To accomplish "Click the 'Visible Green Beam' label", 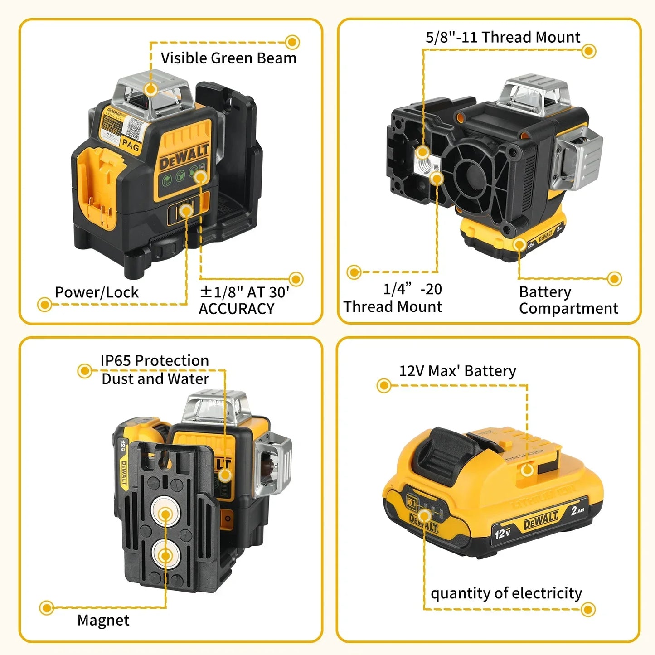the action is [228, 58].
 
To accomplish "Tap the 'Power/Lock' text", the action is [97, 292].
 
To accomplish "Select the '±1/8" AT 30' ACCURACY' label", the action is [244, 301].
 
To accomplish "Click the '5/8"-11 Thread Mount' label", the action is [503, 37].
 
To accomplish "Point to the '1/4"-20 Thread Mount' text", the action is [393, 298].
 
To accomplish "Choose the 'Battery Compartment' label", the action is [568, 300].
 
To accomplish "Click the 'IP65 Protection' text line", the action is [155, 361].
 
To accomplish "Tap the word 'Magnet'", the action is [103, 620].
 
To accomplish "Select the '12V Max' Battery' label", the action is [457, 371].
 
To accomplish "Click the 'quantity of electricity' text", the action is [506, 593].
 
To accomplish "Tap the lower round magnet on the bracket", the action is [165, 555].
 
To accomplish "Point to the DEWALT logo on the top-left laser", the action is [184, 156].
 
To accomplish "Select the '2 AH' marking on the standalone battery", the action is [577, 511].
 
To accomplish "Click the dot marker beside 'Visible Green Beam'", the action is [292, 42].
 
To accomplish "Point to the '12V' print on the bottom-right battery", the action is [502, 534].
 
